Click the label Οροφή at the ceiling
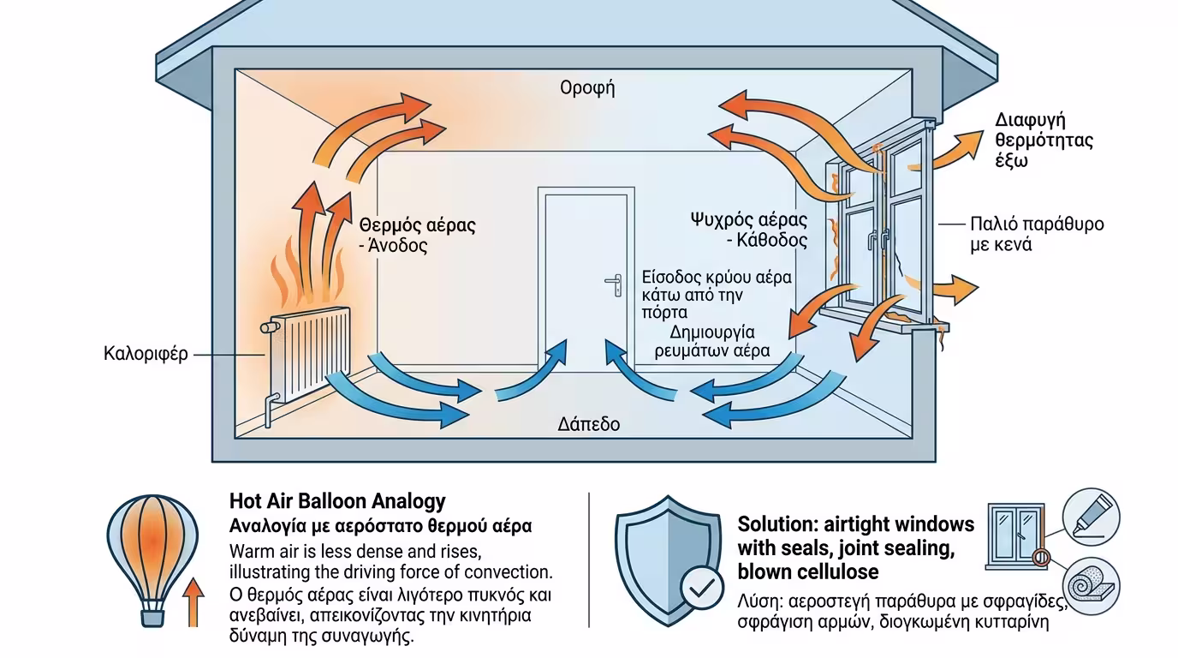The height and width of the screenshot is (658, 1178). click(x=587, y=88)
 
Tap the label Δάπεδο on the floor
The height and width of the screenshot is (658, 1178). click(x=588, y=424)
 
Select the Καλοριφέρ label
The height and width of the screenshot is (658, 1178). click(x=145, y=354)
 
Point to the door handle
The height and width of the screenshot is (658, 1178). click(x=615, y=284)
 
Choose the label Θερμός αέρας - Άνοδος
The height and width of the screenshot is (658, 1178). click(x=417, y=235)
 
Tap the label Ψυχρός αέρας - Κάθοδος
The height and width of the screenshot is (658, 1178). click(x=748, y=229)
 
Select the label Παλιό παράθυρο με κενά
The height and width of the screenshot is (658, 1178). click(x=1037, y=234)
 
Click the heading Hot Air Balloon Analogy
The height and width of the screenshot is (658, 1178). click(x=337, y=501)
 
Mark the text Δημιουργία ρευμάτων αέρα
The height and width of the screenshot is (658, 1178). click(x=723, y=341)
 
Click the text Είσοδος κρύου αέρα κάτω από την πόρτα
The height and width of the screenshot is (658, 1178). click(x=716, y=295)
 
